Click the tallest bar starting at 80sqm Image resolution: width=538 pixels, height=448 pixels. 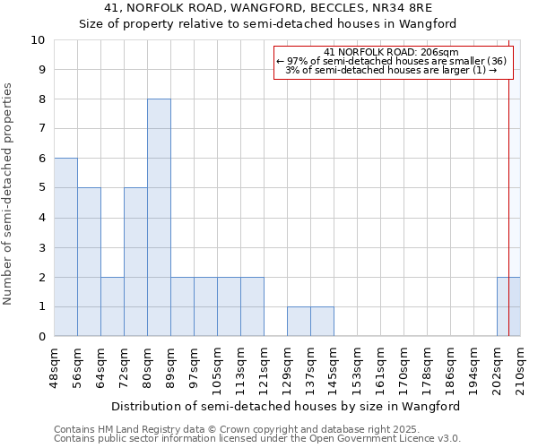[159, 218]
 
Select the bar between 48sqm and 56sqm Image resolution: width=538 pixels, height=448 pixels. [65, 247]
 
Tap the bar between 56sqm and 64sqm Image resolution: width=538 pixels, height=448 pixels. [89, 262]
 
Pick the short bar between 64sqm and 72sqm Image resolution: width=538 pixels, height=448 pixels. [112, 306]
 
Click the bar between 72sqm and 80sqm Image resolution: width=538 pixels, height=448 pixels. [135, 262]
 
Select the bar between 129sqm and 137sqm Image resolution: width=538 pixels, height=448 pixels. [299, 322]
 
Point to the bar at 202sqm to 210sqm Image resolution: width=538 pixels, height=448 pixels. [508, 306]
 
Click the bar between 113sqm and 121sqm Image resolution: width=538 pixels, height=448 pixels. [252, 306]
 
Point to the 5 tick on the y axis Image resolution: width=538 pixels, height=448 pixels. [40, 188]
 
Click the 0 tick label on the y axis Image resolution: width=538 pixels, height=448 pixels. [40, 337]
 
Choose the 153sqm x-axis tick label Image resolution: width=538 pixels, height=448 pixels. [358, 367]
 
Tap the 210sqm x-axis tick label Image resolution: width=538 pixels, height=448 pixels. [520, 367]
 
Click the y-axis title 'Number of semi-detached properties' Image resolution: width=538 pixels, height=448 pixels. [9, 194]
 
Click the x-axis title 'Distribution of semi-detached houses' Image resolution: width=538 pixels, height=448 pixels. [287, 406]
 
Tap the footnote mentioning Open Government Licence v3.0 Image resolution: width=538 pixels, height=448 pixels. [257, 438]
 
